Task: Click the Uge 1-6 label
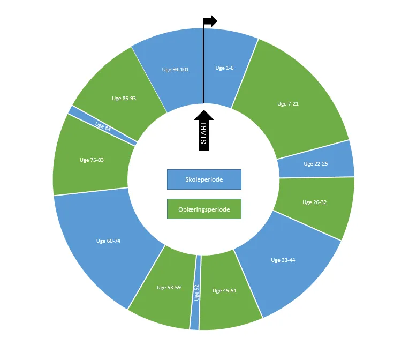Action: click(x=224, y=68)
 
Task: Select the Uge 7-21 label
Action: click(x=288, y=103)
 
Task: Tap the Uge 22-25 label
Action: click(x=315, y=164)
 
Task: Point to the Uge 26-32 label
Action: click(x=314, y=202)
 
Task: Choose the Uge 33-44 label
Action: click(x=283, y=260)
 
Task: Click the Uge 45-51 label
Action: click(x=224, y=291)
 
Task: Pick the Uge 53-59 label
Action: click(x=169, y=288)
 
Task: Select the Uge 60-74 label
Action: click(x=108, y=241)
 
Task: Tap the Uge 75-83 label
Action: click(x=92, y=160)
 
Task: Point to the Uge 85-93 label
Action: click(x=124, y=98)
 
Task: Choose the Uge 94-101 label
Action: click(x=175, y=69)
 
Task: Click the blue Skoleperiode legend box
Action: click(x=204, y=179)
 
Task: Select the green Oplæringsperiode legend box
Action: click(x=204, y=209)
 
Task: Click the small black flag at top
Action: click(x=210, y=21)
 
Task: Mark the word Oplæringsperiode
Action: click(x=204, y=209)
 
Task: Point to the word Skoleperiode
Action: click(x=204, y=179)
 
